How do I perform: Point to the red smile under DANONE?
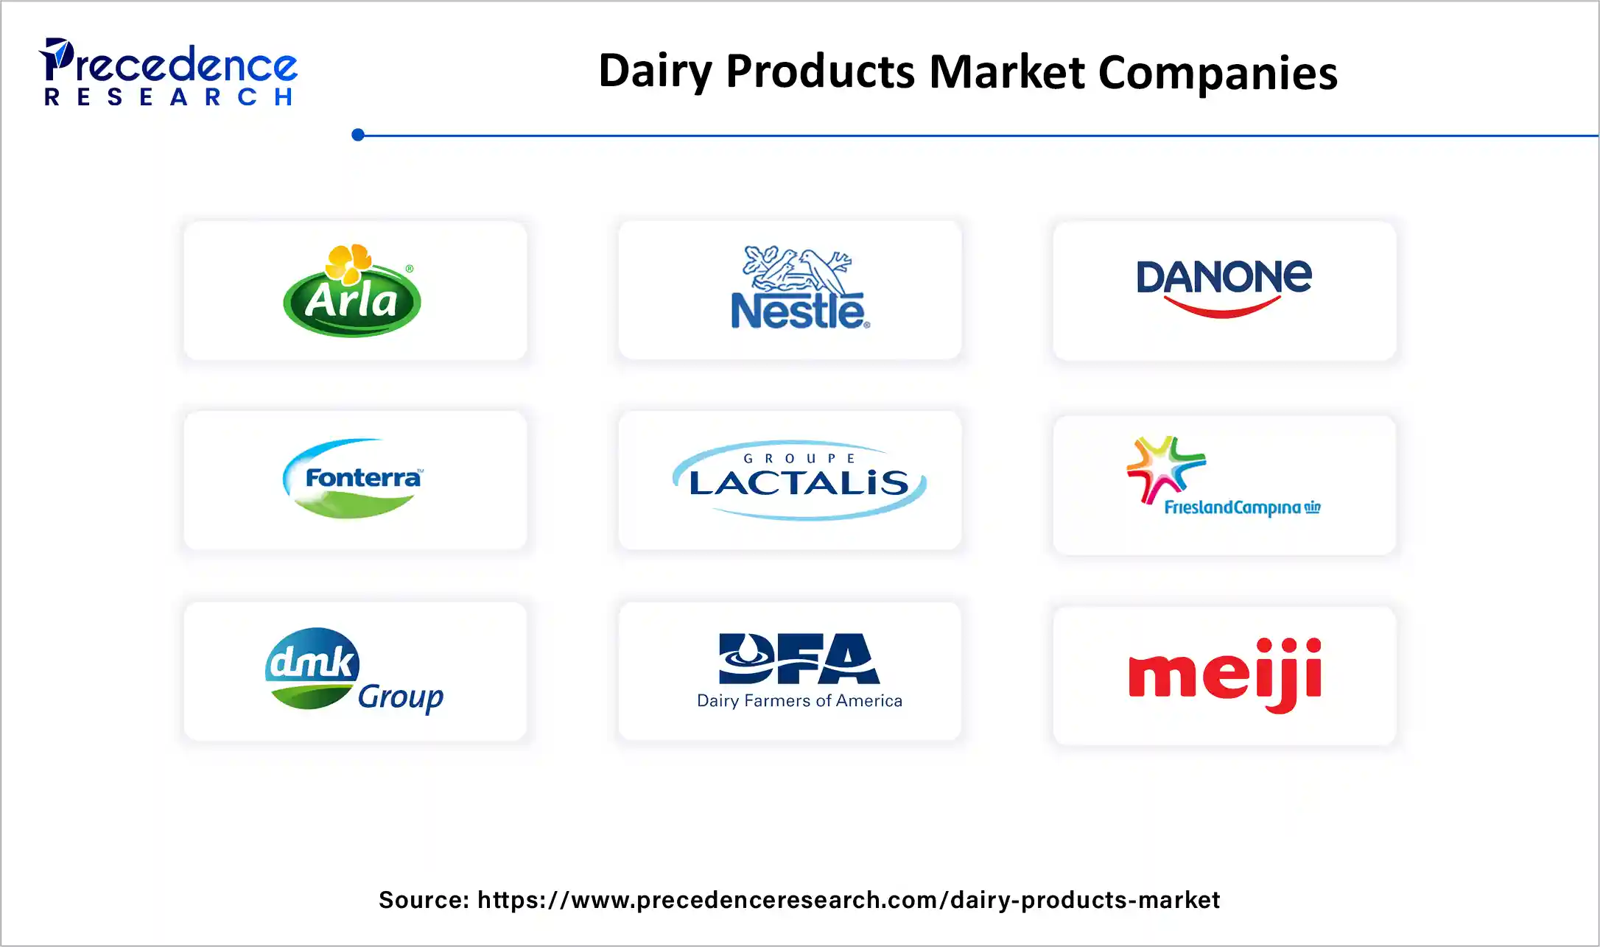point(1223,307)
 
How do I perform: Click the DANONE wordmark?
point(1224,276)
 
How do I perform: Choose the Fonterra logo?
point(353,479)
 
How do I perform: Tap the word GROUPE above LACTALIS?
point(799,458)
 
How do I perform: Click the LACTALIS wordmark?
point(799,484)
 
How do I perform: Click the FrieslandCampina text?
point(1232,507)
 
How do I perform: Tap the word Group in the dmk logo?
point(400,697)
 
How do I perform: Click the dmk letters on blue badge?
point(312,661)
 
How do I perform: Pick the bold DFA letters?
point(799,658)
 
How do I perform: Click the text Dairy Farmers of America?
point(799,700)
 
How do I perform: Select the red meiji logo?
point(1224,674)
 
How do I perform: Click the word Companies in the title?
point(1217,73)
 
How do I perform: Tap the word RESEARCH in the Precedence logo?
point(169,97)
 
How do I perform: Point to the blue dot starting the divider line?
point(358,135)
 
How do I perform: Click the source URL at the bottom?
point(848,900)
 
